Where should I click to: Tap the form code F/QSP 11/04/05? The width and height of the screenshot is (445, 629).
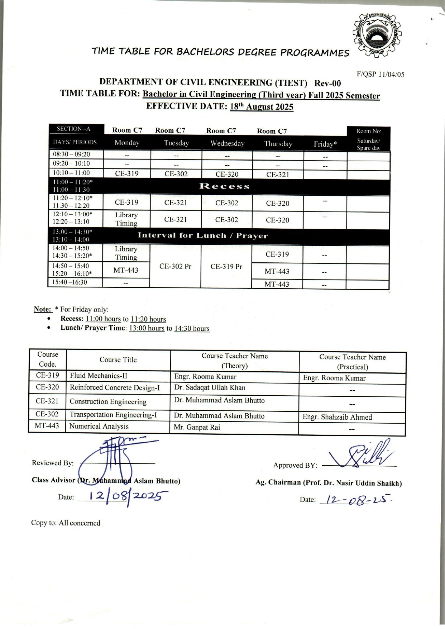click(381, 75)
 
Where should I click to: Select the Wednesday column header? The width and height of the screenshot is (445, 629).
click(227, 143)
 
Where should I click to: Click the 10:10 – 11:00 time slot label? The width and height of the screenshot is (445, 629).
click(71, 173)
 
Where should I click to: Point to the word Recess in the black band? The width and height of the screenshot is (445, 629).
click(225, 186)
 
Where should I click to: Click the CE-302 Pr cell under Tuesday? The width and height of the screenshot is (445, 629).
click(176, 266)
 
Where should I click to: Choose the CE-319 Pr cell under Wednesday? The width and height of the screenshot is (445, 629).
click(226, 267)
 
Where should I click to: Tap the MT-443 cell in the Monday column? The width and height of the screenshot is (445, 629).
click(126, 270)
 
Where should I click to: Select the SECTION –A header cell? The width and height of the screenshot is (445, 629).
click(74, 129)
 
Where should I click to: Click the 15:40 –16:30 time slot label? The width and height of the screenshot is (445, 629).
click(70, 282)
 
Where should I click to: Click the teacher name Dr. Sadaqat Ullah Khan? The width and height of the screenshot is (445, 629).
click(210, 387)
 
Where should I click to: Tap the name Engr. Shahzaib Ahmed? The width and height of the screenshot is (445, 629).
click(337, 417)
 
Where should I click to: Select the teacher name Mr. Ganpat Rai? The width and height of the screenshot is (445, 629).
click(197, 427)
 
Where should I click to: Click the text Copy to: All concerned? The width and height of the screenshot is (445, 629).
click(66, 523)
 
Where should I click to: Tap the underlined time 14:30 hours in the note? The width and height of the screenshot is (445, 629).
click(192, 329)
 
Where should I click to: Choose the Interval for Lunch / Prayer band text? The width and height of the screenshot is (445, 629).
click(203, 236)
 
